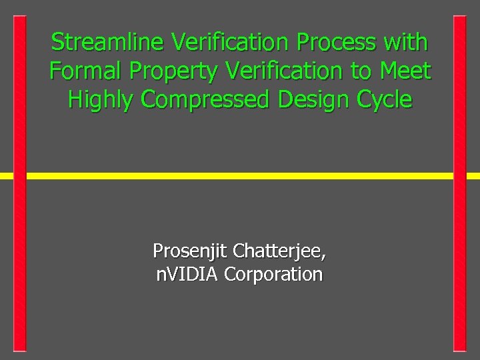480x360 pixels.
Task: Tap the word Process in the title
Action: point(339,42)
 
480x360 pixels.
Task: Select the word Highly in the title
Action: point(102,100)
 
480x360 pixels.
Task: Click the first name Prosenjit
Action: point(189,251)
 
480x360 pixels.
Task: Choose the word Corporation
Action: point(274,275)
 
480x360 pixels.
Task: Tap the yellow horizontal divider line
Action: point(240,176)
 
